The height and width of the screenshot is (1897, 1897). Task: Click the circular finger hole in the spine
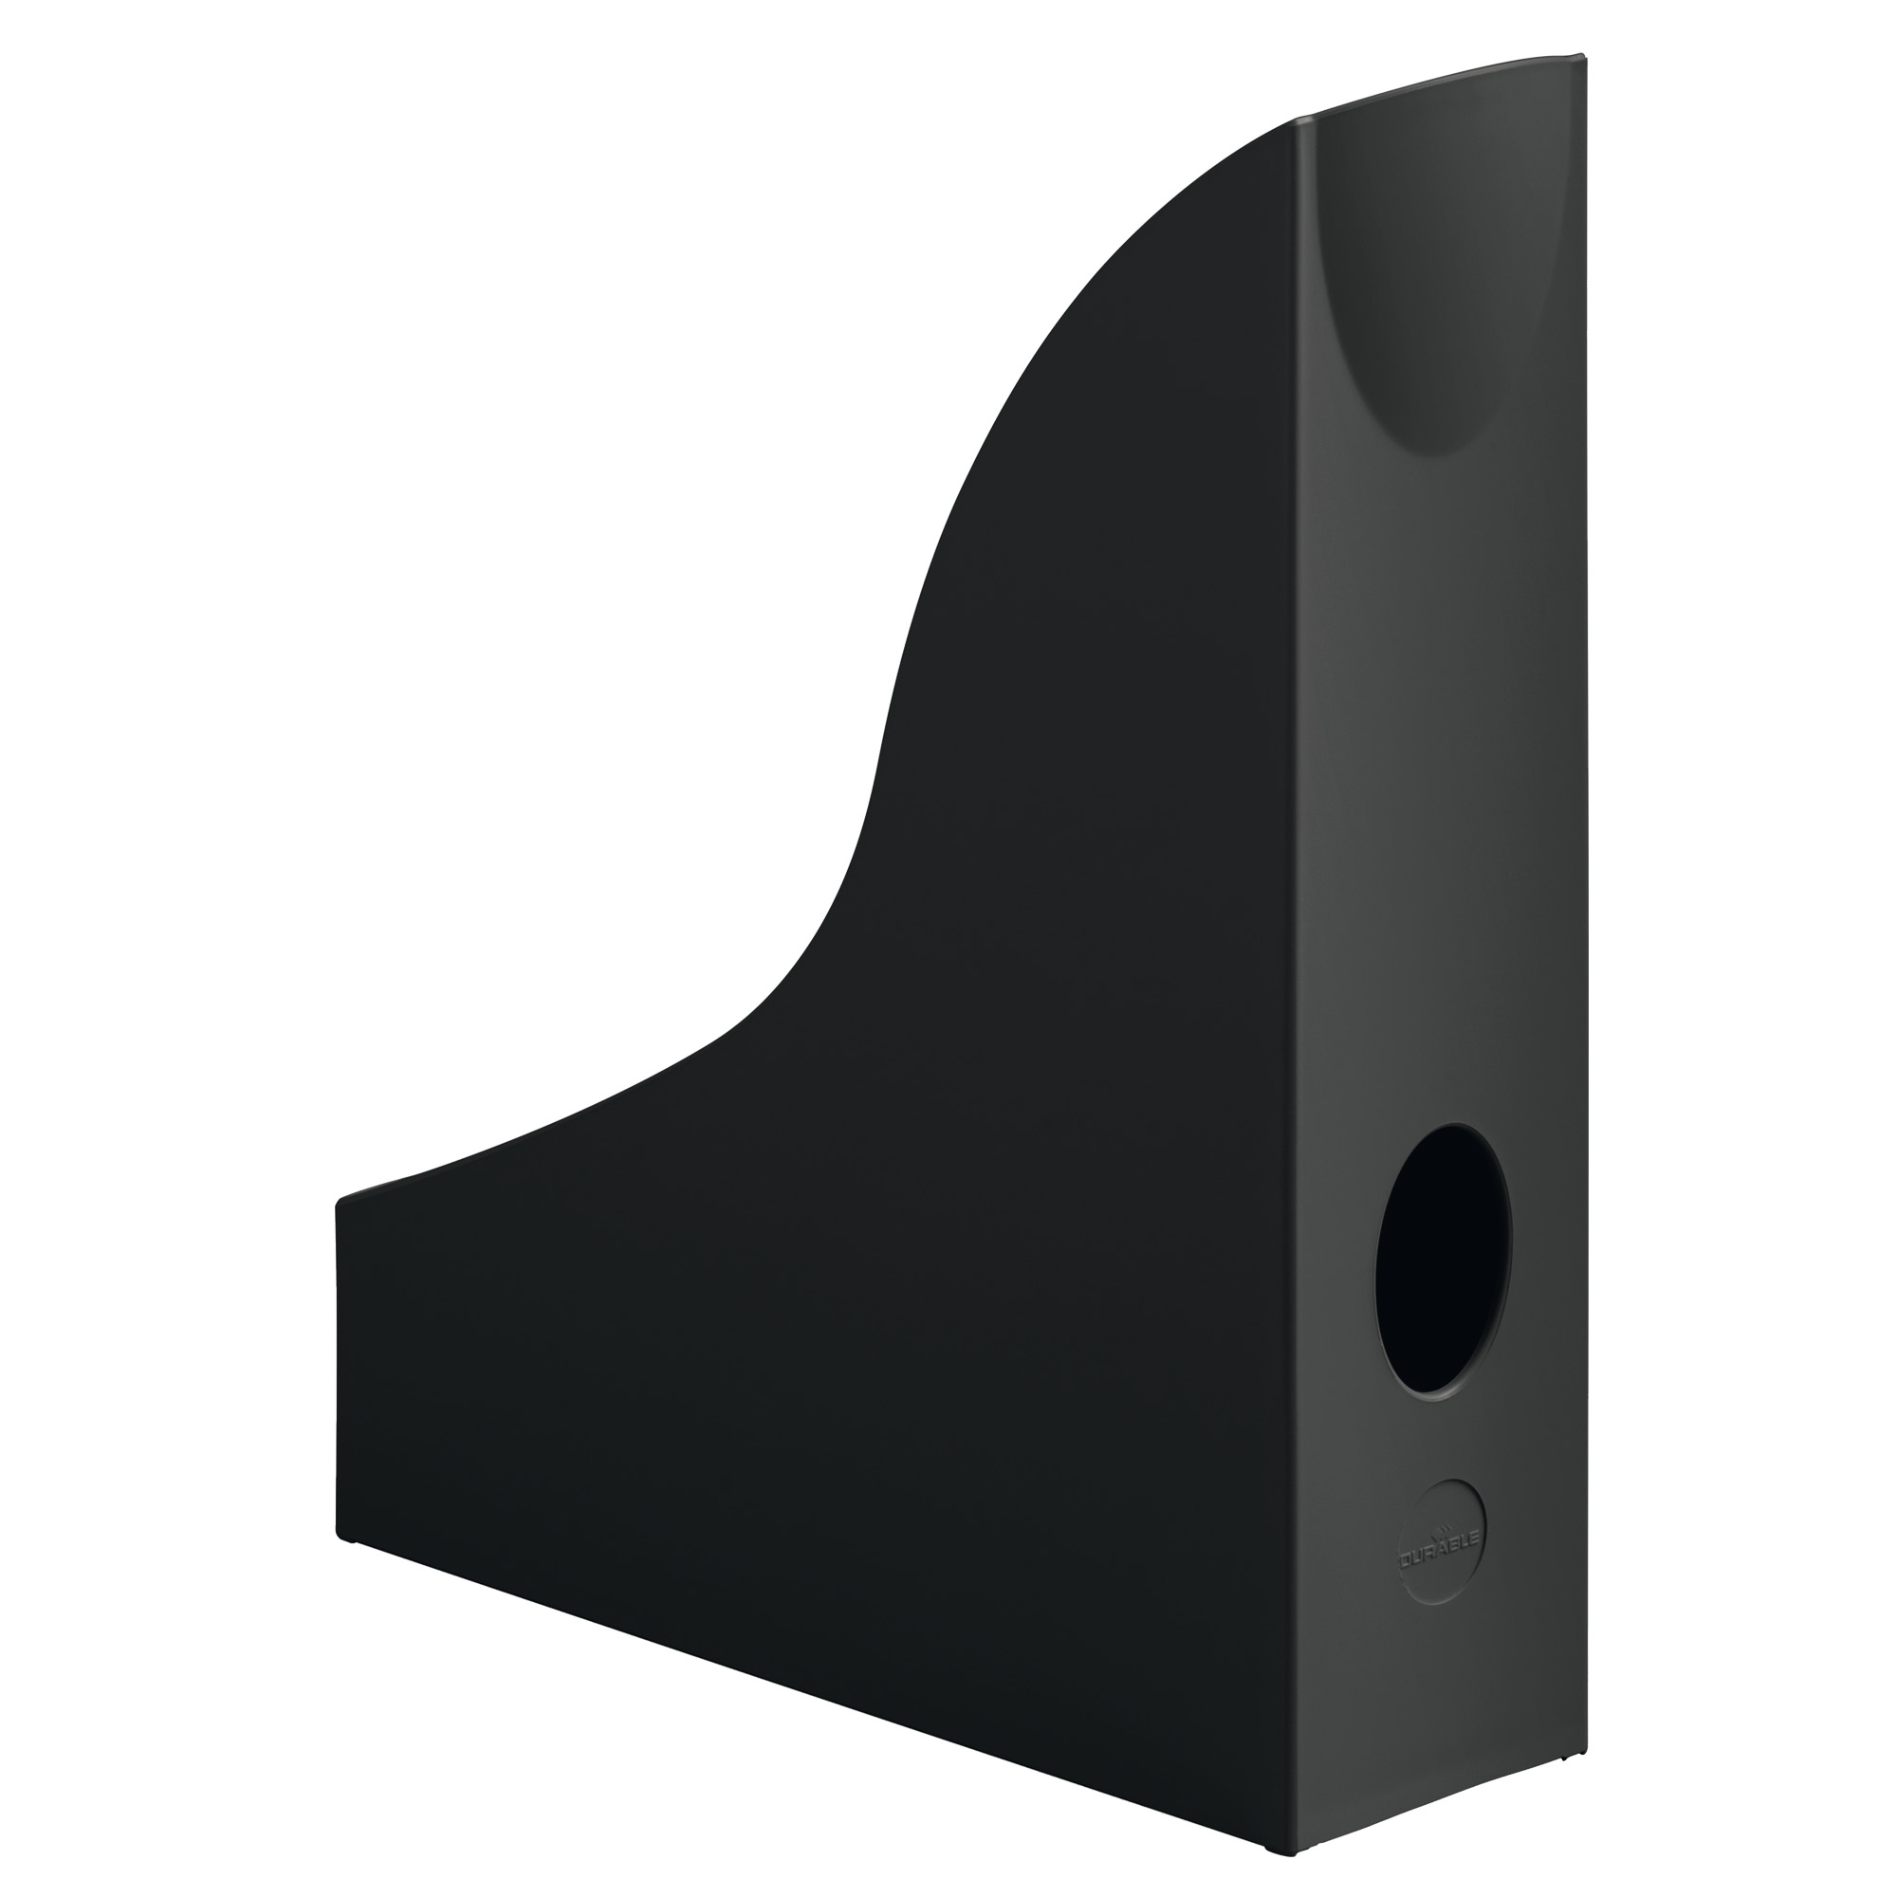(x=1443, y=1261)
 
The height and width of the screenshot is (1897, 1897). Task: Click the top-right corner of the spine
(x=1585, y=56)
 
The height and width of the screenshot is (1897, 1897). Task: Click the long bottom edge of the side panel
(x=825, y=1680)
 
